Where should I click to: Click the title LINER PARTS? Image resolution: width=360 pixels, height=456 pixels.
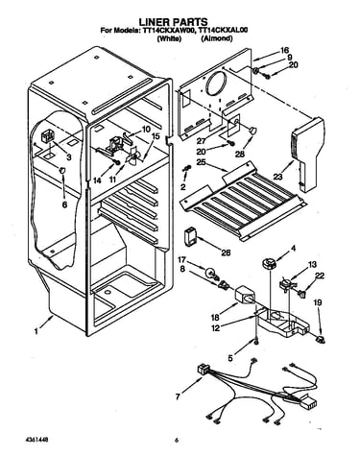click(173, 21)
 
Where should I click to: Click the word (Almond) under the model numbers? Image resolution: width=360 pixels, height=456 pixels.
click(217, 38)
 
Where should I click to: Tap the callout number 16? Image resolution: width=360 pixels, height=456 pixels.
click(284, 50)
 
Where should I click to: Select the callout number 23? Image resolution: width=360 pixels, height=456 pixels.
click(278, 177)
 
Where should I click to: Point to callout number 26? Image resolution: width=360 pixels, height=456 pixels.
click(226, 252)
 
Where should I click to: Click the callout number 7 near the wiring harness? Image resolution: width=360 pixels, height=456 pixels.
click(178, 396)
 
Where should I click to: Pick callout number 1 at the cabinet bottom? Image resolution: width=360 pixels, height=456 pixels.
click(36, 331)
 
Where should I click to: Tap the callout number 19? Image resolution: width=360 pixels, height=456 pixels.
click(318, 302)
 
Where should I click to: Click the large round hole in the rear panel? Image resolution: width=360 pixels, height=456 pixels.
click(217, 84)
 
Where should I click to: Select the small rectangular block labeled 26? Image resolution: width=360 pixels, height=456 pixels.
click(191, 237)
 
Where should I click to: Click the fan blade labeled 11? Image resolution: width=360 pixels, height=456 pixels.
click(132, 157)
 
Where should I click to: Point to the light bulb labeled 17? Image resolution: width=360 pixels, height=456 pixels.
click(211, 273)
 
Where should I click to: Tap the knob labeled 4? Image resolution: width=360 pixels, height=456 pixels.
click(269, 264)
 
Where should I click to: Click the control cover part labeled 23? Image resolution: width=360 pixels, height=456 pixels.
click(308, 154)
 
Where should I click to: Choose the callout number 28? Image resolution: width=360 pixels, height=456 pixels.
click(240, 155)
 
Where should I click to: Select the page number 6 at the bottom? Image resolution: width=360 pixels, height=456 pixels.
click(176, 441)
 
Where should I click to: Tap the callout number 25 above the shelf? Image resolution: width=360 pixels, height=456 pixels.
click(201, 162)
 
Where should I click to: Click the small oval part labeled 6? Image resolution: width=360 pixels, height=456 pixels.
click(62, 171)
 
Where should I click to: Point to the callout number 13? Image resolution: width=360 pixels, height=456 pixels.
click(312, 264)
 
